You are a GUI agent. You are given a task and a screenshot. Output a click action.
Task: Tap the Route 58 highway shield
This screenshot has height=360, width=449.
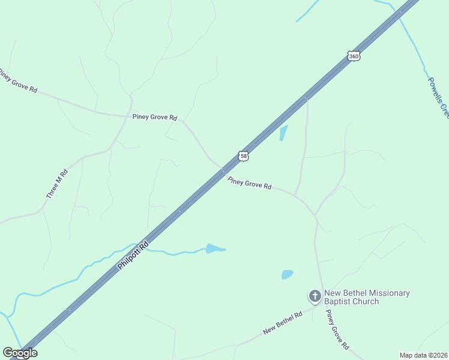[243, 156]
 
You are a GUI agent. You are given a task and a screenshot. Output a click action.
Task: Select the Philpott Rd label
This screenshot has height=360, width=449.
[133, 256]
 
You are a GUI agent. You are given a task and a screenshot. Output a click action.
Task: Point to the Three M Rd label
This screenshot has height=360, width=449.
[57, 184]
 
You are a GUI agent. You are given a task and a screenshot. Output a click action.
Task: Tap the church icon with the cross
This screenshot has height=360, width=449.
[315, 296]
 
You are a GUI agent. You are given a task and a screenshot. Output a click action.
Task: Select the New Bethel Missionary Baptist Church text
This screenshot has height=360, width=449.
[367, 297]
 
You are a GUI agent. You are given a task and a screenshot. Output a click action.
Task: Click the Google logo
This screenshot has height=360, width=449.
[20, 353]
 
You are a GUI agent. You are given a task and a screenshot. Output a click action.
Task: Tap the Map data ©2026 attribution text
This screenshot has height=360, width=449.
[423, 355]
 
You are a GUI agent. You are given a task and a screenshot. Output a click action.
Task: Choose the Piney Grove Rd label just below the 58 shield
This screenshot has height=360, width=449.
[249, 183]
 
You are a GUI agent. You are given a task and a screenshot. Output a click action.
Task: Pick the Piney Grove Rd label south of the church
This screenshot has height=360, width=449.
[337, 330]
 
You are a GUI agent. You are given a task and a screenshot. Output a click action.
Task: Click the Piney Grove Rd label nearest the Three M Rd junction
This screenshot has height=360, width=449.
[155, 118]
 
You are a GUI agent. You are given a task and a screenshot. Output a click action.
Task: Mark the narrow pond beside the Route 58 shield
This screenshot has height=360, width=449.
[283, 133]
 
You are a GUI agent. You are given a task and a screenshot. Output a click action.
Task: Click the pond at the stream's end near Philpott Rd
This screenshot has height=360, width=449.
[215, 248]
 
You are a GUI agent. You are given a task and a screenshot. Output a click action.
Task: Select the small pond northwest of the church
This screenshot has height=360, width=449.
[287, 275]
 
